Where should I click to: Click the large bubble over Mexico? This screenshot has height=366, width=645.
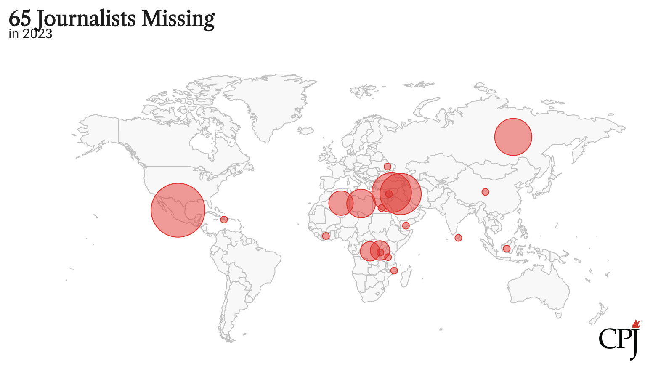click(x=178, y=210)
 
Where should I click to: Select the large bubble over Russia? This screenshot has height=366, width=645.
click(x=513, y=137)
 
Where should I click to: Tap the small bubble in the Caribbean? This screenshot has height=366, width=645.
click(x=224, y=220)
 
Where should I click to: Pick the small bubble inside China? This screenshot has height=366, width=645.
click(x=485, y=192)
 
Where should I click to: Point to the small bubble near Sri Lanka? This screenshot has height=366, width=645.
click(x=458, y=238)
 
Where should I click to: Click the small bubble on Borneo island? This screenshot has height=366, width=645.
click(x=507, y=249)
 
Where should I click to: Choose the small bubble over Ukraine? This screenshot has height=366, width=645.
click(x=387, y=167)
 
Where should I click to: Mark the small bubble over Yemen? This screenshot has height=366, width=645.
click(x=406, y=226)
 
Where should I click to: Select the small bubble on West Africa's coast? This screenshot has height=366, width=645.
click(x=326, y=236)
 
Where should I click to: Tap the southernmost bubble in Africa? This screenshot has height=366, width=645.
click(x=394, y=271)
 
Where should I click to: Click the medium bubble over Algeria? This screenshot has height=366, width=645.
click(x=340, y=203)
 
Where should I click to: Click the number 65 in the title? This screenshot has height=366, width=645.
click(x=19, y=19)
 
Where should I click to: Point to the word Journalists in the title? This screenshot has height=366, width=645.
click(x=86, y=19)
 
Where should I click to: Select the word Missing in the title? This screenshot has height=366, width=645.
click(x=178, y=19)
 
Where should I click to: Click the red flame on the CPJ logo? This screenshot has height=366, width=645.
click(x=636, y=324)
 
